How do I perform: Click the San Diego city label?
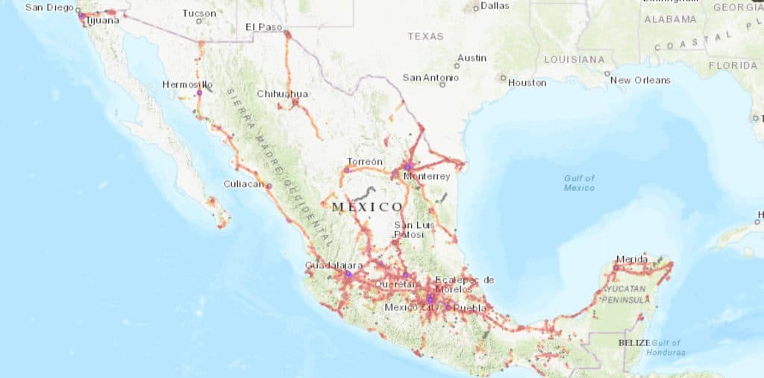click(48, 7)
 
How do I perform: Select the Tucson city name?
click(199, 13)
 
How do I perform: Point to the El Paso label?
click(264, 27)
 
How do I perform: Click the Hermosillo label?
click(187, 84)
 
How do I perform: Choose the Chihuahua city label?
click(282, 94)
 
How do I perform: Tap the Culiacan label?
click(244, 183)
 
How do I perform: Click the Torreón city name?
click(365, 162)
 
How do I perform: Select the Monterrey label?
click(426, 177)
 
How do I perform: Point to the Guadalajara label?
click(334, 265)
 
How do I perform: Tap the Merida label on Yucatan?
click(631, 259)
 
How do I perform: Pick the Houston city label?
click(527, 83)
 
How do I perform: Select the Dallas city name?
click(495, 5)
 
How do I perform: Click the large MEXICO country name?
click(366, 207)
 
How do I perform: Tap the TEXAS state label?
click(425, 36)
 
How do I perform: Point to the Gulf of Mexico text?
click(579, 183)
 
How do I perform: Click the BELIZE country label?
click(635, 342)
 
